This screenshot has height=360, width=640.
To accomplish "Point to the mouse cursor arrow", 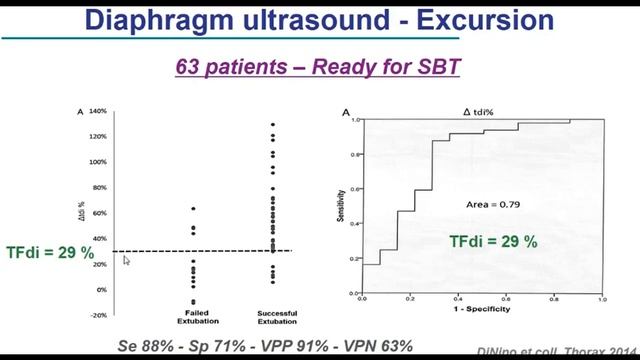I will (126, 261).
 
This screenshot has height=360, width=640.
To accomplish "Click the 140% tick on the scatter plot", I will (97, 111).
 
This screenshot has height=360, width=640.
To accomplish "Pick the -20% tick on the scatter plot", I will (98, 315).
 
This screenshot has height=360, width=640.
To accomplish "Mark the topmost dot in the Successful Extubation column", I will (272, 125).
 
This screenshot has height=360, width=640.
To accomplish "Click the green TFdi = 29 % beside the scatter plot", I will (50, 253).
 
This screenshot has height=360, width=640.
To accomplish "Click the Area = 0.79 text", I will (494, 204).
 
